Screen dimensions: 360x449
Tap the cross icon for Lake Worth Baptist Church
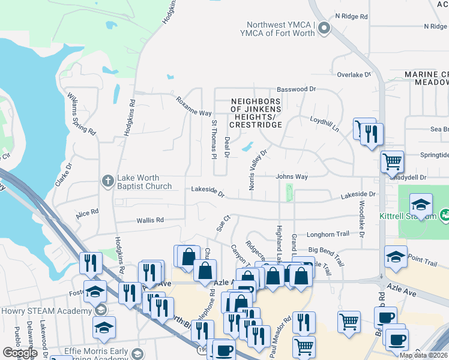click(107, 181)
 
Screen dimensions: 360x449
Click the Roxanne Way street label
click(193, 106)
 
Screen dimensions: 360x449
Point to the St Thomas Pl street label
click(213, 140)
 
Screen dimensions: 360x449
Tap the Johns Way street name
click(292, 177)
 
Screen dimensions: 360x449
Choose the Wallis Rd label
click(150, 220)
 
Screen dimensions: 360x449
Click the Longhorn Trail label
click(328, 235)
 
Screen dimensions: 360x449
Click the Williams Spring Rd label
click(82, 113)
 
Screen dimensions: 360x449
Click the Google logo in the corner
click(20, 353)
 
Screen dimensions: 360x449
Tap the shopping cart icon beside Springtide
click(392, 161)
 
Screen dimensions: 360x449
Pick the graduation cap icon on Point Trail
click(396, 257)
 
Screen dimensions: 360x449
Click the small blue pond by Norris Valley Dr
click(247, 146)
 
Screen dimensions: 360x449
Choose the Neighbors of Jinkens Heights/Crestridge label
click(256, 113)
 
